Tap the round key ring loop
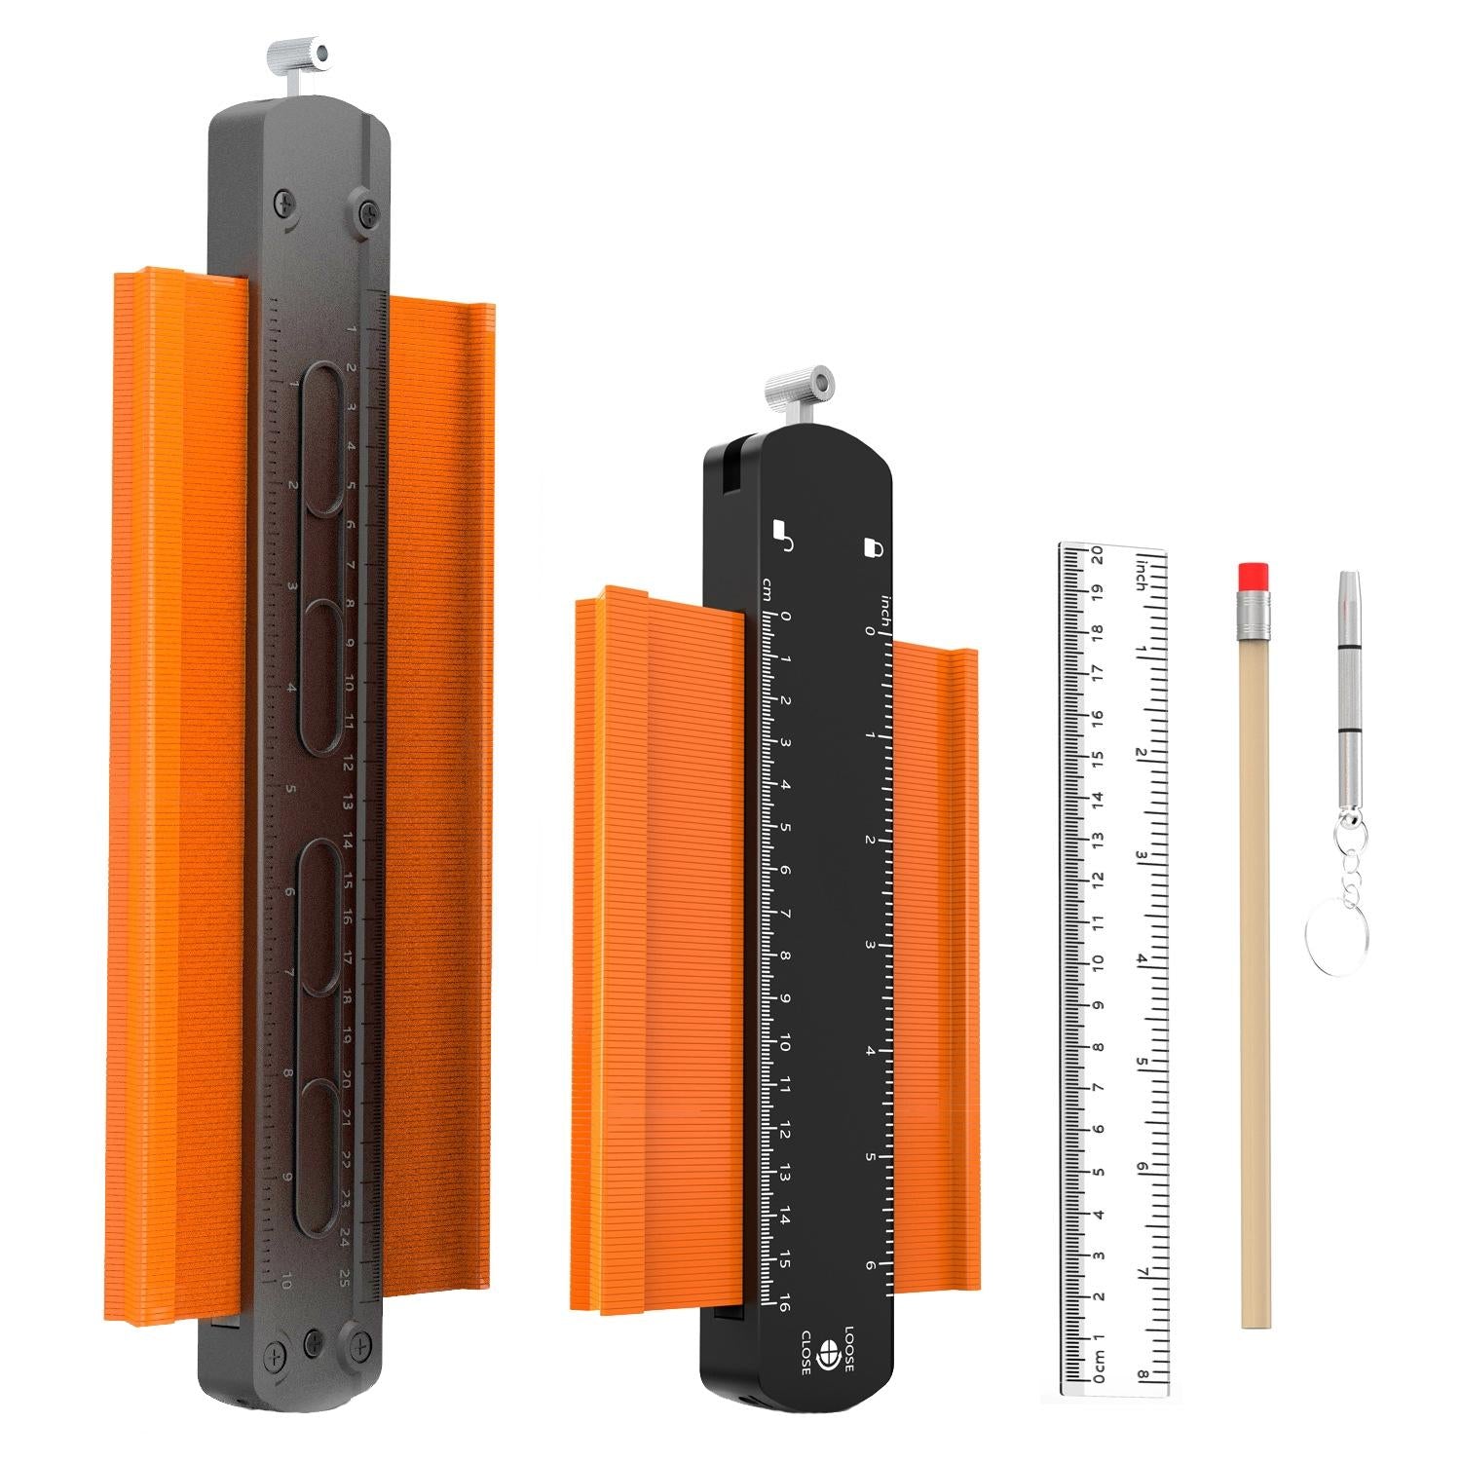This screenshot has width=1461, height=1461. (x=1335, y=926)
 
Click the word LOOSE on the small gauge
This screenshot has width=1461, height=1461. (x=847, y=1349)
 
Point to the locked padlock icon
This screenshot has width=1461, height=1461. (x=873, y=547)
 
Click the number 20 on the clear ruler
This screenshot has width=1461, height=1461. (x=1096, y=556)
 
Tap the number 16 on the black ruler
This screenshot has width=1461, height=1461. (x=783, y=1301)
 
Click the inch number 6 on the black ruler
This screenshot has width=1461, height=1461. (x=869, y=1265)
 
